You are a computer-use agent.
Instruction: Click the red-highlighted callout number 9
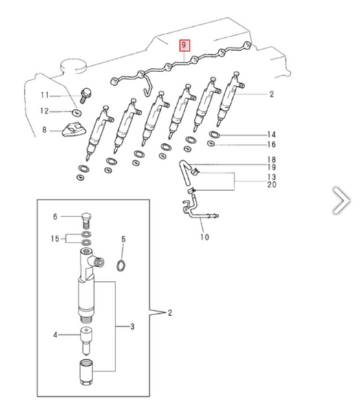pyautogui.click(x=184, y=45)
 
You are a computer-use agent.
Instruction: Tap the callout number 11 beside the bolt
pyautogui.click(x=45, y=95)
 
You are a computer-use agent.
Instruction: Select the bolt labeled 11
pyautogui.click(x=85, y=95)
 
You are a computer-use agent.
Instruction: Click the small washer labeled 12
pyautogui.click(x=76, y=113)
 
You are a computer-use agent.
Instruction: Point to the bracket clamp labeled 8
pyautogui.click(x=74, y=130)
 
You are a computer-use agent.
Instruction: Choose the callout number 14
pyautogui.click(x=271, y=135)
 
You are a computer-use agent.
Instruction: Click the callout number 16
pyautogui.click(x=271, y=144)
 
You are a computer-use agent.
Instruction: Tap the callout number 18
pyautogui.click(x=271, y=159)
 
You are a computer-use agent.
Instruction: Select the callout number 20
pyautogui.click(x=271, y=185)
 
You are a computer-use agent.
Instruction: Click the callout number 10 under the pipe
pyautogui.click(x=205, y=237)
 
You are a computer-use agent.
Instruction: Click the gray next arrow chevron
pyautogui.click(x=341, y=201)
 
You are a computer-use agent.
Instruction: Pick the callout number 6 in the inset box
pyautogui.click(x=55, y=216)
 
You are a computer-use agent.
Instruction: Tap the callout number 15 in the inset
pyautogui.click(x=55, y=238)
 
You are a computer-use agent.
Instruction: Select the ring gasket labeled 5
pyautogui.click(x=121, y=266)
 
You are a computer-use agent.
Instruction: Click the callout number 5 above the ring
pyautogui.click(x=124, y=239)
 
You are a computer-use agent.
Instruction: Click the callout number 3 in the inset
pyautogui.click(x=133, y=327)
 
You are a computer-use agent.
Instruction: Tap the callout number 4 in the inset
pyautogui.click(x=55, y=335)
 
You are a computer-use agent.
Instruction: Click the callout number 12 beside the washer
pyautogui.click(x=45, y=111)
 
